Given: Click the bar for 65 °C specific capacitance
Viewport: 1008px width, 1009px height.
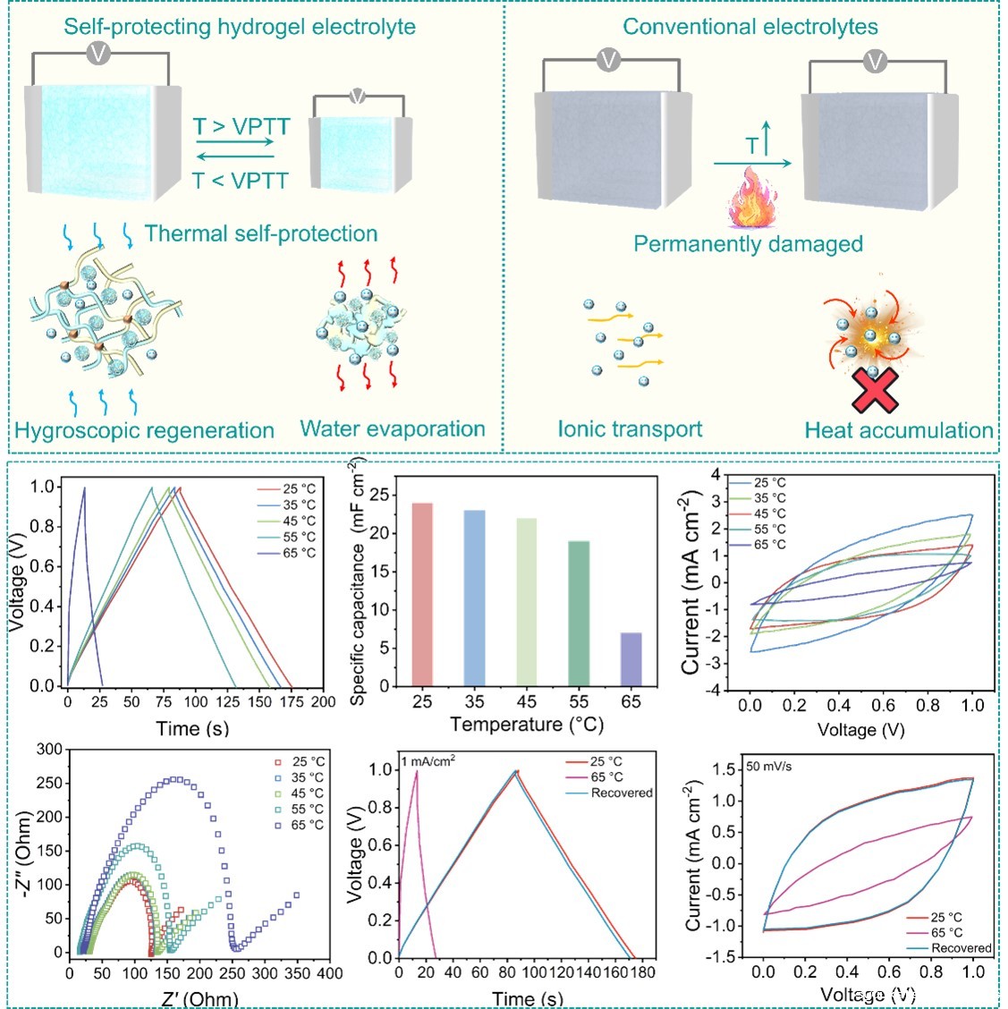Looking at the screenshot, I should [x=631, y=659].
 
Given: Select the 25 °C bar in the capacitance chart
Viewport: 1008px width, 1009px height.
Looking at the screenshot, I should [x=422, y=595].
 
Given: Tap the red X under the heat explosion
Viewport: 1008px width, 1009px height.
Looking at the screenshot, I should [x=874, y=390].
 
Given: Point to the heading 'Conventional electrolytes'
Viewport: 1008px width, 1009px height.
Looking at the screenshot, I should [x=750, y=27].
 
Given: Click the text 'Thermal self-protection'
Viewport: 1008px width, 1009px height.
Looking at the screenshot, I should [x=261, y=234].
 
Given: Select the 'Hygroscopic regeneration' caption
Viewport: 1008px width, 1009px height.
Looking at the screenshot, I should [x=144, y=430].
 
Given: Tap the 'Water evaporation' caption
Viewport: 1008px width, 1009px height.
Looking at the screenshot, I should [x=393, y=429].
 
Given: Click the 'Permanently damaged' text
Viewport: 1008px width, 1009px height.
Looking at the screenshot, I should [x=748, y=244].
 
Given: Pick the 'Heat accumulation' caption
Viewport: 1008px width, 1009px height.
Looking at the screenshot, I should [x=898, y=430].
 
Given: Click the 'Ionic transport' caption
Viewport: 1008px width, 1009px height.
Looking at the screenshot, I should [x=630, y=429].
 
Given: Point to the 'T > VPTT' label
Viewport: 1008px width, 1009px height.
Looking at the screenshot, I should [x=241, y=127].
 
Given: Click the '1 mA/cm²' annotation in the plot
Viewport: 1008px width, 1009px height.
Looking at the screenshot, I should [x=428, y=761].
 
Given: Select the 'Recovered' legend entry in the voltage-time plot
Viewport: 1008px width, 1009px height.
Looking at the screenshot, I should [x=622, y=793].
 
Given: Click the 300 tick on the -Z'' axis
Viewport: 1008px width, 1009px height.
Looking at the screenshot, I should [x=50, y=750].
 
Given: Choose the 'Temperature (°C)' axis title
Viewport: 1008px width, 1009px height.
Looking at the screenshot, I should [x=526, y=724].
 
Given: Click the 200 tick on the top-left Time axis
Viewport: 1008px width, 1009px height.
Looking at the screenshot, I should [x=323, y=702].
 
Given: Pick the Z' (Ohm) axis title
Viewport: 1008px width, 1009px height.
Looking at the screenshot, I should [x=200, y=997].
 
